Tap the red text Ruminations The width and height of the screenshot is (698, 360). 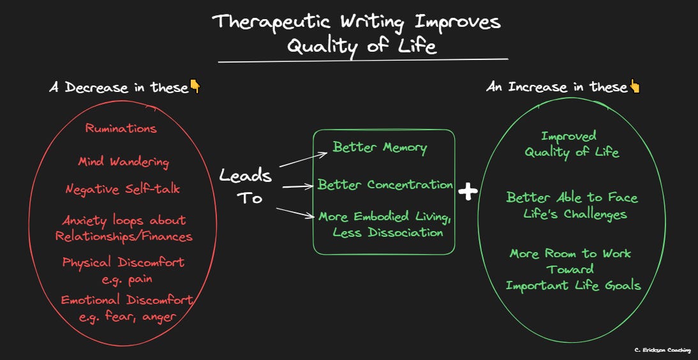(121, 128)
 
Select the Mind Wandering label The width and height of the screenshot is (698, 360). (123, 162)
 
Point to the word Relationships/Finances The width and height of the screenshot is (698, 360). (124, 236)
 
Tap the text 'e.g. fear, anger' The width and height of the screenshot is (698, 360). (127, 315)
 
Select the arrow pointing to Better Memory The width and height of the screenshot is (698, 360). (304, 158)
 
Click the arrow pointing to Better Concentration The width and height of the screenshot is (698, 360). (299, 186)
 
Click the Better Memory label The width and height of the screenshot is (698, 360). (380, 147)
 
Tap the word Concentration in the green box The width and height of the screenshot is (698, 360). (410, 185)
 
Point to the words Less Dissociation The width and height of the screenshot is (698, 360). (387, 232)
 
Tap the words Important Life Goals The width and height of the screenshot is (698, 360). (573, 285)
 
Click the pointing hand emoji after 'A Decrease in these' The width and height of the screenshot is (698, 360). (195, 87)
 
